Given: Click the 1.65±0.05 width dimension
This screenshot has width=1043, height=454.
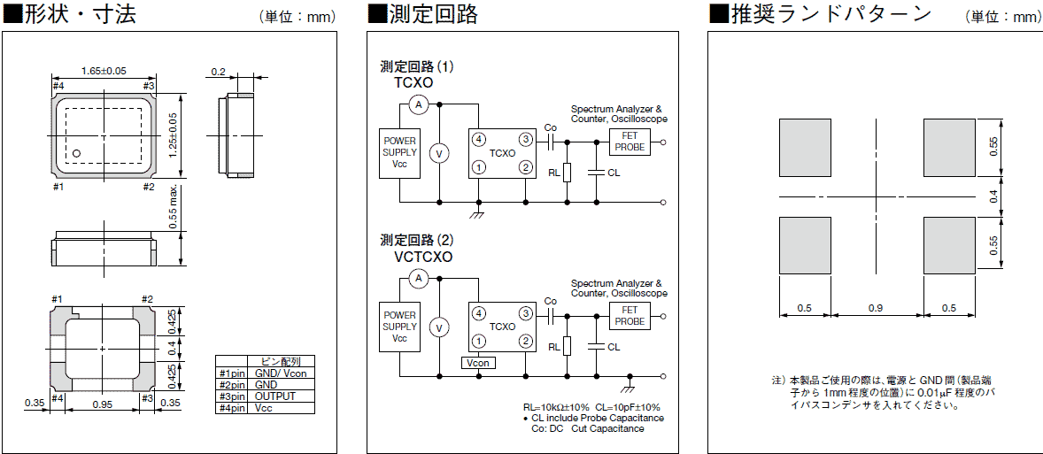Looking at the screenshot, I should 104,71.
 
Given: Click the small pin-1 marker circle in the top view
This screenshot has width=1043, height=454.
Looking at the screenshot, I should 76,153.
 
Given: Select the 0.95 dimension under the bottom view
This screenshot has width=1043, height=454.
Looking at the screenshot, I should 103,404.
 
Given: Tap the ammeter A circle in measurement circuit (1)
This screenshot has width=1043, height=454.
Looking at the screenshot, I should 421,105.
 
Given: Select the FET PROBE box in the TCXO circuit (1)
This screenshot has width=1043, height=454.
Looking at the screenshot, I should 630,141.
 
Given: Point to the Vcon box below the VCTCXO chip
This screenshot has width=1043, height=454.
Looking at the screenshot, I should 478,363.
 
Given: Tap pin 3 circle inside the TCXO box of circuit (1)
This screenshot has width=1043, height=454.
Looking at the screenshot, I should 525,140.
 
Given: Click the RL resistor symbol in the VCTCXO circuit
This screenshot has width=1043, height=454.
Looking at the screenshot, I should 568,347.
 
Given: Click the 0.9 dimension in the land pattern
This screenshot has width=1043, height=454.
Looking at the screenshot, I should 876,308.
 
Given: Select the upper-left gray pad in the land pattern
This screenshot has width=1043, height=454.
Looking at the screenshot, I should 805,148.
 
